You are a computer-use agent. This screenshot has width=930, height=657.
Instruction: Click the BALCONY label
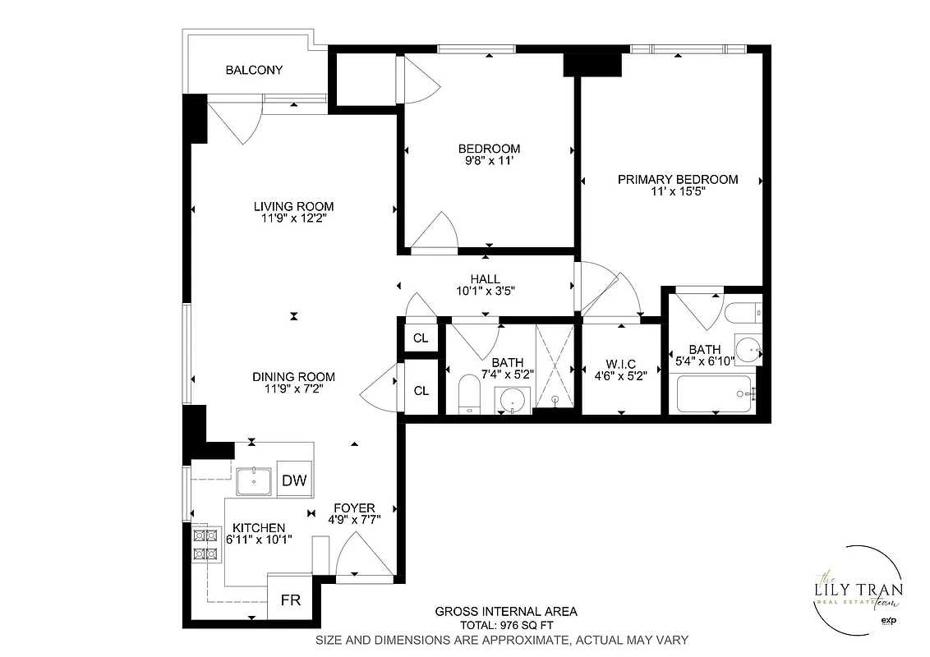pos(254,70)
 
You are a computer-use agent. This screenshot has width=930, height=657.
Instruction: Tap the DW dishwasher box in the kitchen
pos(294,481)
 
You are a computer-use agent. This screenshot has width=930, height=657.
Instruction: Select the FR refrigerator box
pos(291,600)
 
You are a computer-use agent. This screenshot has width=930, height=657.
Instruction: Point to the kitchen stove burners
pos(205,544)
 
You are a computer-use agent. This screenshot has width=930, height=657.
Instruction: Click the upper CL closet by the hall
pos(421,338)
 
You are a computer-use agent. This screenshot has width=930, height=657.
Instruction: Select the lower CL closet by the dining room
pos(421,391)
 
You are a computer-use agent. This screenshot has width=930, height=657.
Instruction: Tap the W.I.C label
pos(621,363)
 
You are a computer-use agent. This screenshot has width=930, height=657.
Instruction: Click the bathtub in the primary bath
pos(715,394)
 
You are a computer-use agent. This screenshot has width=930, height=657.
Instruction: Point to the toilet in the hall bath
pos(468,394)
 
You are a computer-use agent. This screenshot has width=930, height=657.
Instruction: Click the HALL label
pos(485,279)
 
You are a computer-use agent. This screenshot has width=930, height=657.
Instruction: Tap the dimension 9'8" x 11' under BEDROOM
pos(489,162)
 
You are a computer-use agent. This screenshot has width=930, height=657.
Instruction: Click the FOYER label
pos(354,508)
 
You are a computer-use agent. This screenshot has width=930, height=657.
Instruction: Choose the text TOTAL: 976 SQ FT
pos(505,625)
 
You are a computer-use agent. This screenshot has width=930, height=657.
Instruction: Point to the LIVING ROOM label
pos(293,206)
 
